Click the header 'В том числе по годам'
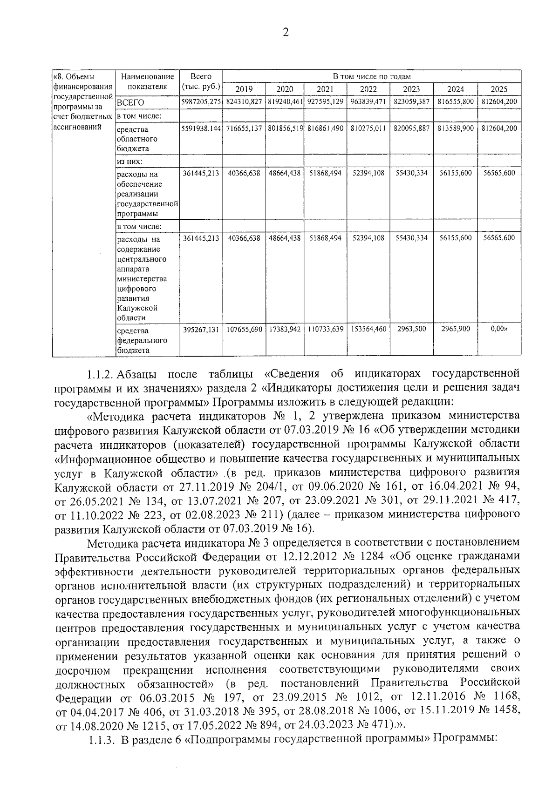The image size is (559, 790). pyautogui.click(x=371, y=76)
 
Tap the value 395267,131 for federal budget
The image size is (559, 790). pyautogui.click(x=201, y=330)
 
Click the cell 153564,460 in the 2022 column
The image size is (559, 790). pyautogui.click(x=368, y=330)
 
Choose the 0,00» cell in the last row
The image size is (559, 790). pyautogui.click(x=499, y=329)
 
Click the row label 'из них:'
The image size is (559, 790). pyautogui.click(x=129, y=162)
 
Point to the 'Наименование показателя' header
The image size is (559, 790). pyautogui.click(x=147, y=81)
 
